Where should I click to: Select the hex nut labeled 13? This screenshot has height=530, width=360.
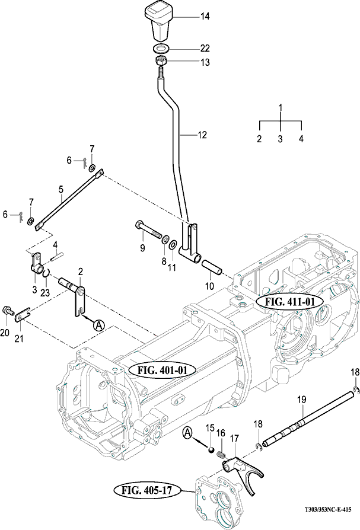[160, 62]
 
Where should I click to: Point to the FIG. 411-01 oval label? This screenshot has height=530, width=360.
[289, 301]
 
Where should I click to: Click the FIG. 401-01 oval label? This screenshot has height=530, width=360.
[158, 369]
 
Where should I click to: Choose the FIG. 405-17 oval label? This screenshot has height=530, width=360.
[144, 490]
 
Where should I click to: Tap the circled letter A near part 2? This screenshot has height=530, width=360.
[99, 324]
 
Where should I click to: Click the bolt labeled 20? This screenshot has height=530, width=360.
[8, 310]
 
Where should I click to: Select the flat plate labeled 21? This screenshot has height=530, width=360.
[23, 311]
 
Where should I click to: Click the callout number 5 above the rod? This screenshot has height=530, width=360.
[60, 190]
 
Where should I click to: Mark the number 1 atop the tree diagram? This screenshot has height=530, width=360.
[281, 108]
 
